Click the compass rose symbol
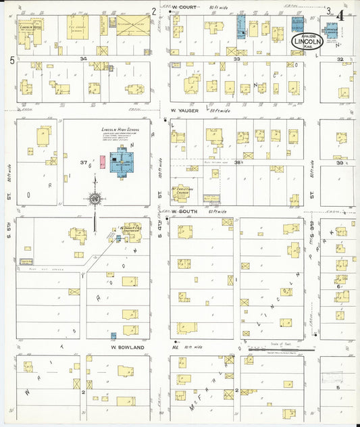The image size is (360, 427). (x=95, y=199)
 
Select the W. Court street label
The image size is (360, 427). (x=183, y=9)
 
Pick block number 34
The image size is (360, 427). (x=83, y=59)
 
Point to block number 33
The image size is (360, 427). (x=237, y=59)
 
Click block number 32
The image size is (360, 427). (x=341, y=59)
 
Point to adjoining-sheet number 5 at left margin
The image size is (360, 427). (x=12, y=60)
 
